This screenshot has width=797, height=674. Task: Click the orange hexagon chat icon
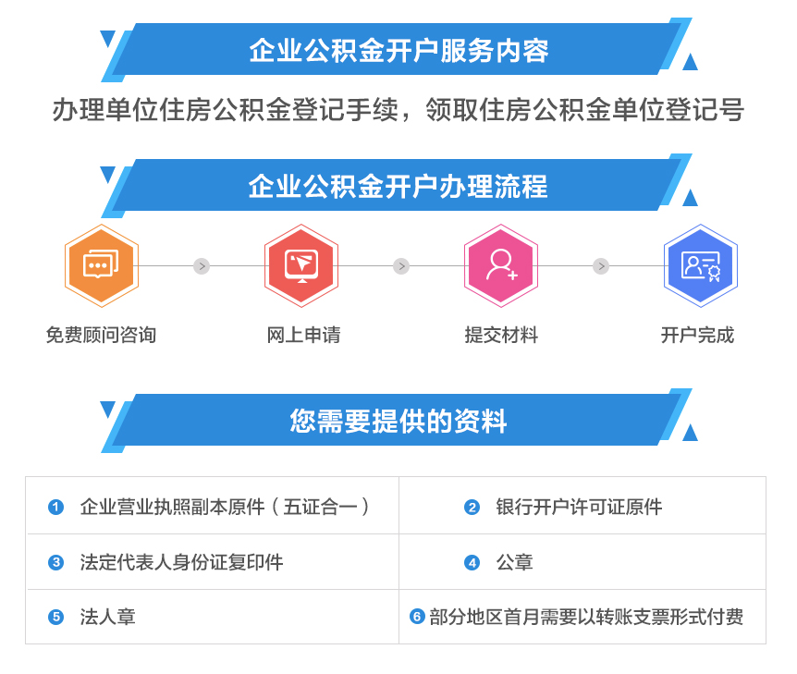point(102,265)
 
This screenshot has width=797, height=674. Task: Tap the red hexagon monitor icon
point(301,265)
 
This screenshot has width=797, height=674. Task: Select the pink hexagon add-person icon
point(501,265)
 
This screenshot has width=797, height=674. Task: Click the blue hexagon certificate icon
point(701,265)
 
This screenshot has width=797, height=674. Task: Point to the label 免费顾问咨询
point(101,335)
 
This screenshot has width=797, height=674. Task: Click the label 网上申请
point(303,335)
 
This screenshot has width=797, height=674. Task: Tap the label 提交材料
point(501,335)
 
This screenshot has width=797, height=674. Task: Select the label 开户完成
point(697,335)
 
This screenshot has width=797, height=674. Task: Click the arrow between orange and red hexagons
point(202,266)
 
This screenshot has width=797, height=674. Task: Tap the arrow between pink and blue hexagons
point(601,266)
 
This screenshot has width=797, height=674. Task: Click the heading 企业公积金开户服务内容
point(399,50)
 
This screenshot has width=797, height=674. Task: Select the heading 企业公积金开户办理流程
point(398,186)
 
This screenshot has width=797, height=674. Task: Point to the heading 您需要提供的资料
point(398,421)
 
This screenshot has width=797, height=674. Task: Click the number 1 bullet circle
point(55,507)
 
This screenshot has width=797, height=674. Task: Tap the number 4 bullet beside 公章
point(472,562)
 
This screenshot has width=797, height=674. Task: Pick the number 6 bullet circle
point(417,617)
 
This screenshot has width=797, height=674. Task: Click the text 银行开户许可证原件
point(579,507)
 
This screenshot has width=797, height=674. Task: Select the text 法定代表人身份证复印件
point(181,562)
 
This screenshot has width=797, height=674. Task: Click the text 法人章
point(108,617)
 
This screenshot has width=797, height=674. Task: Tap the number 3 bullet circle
point(55,562)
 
